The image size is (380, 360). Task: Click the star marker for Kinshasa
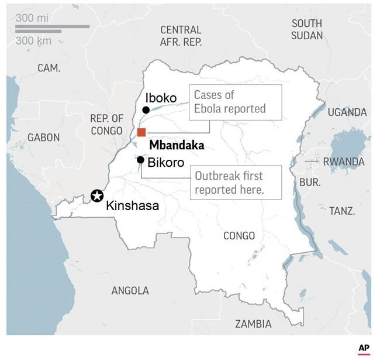tap(97, 196)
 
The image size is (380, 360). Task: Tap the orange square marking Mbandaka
tap(141, 132)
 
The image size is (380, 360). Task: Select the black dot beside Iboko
tap(146, 109)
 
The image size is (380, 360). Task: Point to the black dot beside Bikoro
tap(140, 160)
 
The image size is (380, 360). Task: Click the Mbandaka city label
tap(177, 146)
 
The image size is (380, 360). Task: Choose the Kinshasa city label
tap(132, 206)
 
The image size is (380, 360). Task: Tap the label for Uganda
tap(347, 112)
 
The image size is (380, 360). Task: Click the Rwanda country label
tap(344, 162)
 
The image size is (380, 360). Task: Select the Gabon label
tap(43, 138)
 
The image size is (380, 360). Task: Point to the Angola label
tap(130, 290)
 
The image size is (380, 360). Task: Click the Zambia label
tap(253, 324)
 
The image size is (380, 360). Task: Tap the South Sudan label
tap(307, 29)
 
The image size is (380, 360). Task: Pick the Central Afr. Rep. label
tap(181, 36)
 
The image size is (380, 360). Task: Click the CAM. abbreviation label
tap(49, 68)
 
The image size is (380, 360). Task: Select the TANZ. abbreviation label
tap(342, 211)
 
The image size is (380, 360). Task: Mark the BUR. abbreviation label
tap(310, 182)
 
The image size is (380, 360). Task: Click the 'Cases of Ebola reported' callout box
tap(236, 102)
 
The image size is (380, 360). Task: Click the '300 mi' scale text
tap(33, 18)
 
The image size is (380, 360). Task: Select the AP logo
tap(364, 348)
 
